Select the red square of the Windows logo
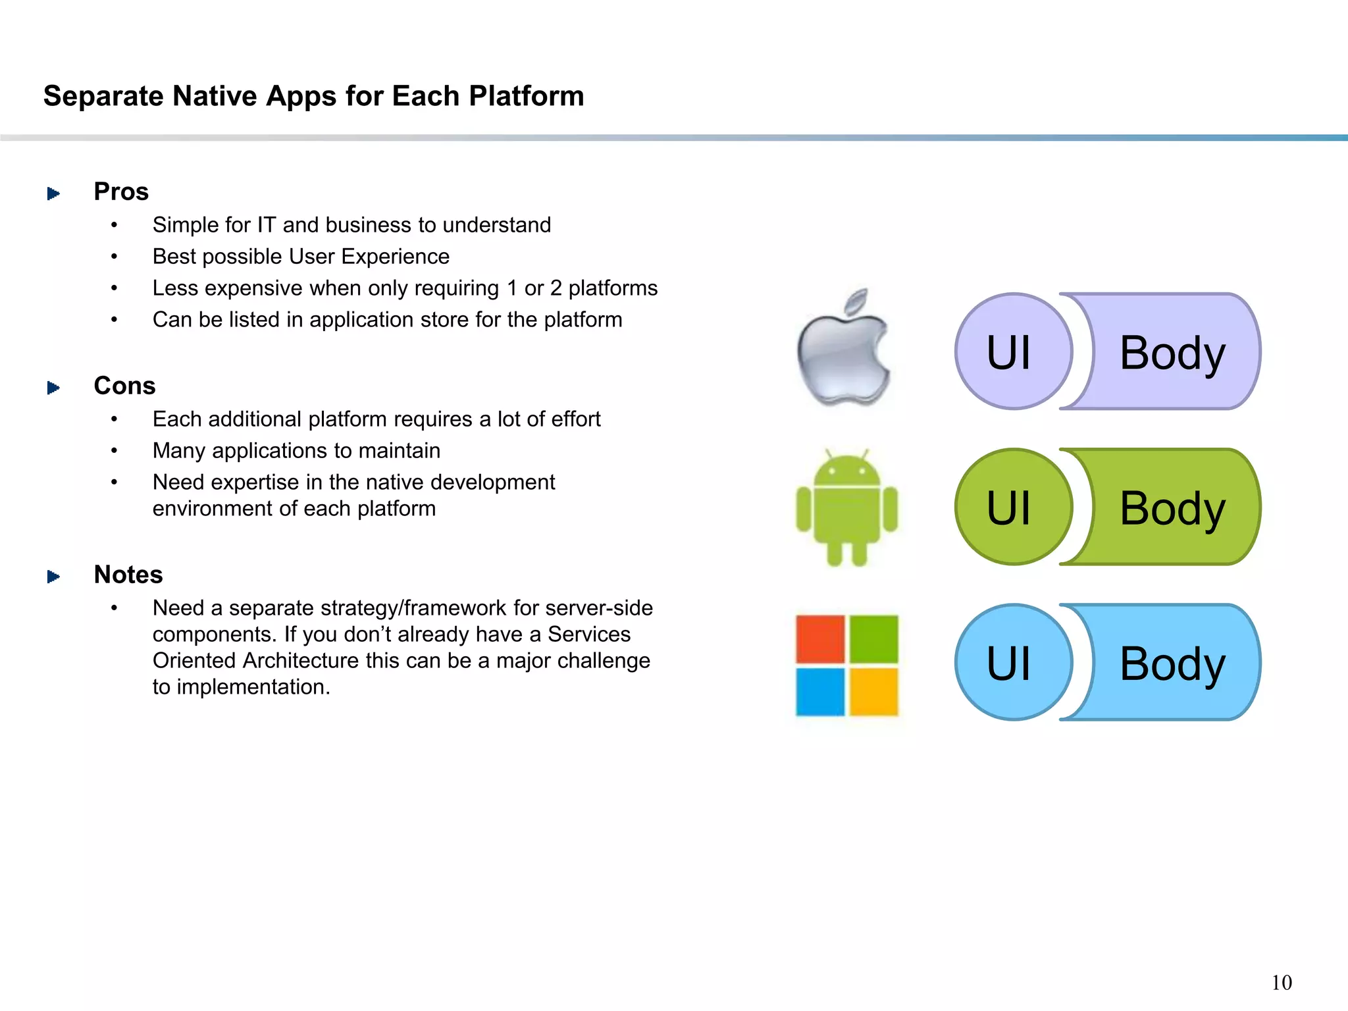[x=820, y=638]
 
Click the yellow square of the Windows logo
[x=874, y=692]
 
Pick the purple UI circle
[x=1012, y=352]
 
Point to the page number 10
[x=1281, y=983]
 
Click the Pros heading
[x=121, y=192]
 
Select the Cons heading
[x=124, y=386]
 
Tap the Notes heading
[x=128, y=575]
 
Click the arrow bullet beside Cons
[x=53, y=388]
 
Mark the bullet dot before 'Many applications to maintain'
[x=115, y=451]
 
